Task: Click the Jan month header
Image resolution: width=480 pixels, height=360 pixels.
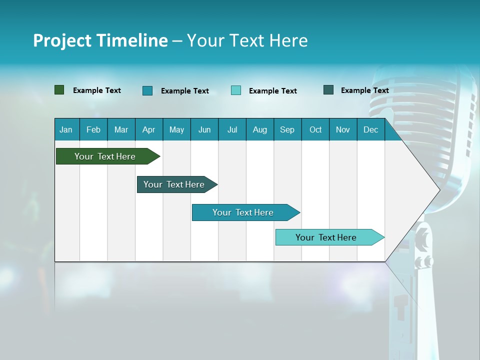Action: [x=66, y=129]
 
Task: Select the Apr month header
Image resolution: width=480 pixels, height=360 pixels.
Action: [x=149, y=129]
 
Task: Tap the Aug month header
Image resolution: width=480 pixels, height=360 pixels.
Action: [x=260, y=129]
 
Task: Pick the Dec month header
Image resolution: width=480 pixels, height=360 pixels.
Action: [x=371, y=129]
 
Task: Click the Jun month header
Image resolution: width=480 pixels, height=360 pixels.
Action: [x=204, y=129]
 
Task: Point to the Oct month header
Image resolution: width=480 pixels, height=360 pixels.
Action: [x=315, y=129]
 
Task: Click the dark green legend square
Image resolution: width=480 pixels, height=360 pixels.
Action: [x=59, y=90]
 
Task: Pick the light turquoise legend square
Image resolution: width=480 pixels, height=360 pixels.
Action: [x=236, y=90]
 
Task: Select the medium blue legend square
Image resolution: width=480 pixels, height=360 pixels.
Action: [x=147, y=90]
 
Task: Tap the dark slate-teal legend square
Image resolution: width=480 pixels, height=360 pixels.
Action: [x=328, y=90]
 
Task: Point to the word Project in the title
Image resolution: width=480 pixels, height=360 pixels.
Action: [x=62, y=40]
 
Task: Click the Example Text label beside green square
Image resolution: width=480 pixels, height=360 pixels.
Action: [x=97, y=90]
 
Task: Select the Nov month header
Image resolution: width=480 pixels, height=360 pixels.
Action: [x=343, y=129]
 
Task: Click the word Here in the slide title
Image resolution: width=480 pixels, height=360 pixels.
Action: [x=288, y=40]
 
